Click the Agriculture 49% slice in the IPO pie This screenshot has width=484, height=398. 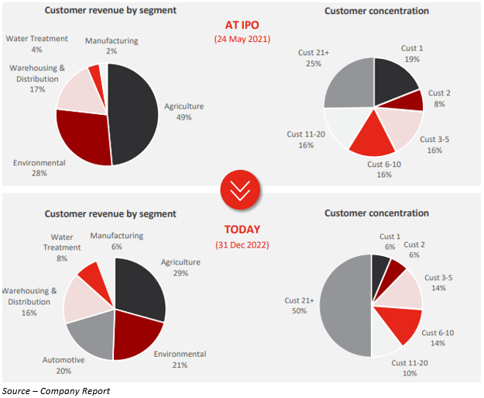136,112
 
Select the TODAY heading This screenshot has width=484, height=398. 242,229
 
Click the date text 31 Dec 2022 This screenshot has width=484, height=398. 242,245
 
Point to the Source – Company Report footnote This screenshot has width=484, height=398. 56,390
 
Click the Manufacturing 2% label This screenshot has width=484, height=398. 112,45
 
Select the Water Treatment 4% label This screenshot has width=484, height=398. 37,43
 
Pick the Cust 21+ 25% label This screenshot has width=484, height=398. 314,58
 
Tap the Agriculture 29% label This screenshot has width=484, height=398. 180,268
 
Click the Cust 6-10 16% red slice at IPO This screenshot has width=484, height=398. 372,134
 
